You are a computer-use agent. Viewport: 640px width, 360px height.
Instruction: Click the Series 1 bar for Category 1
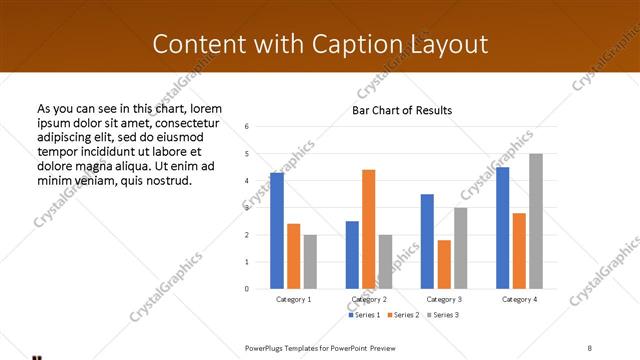[277, 231]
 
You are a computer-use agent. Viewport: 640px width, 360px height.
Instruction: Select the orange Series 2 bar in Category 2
[368, 229]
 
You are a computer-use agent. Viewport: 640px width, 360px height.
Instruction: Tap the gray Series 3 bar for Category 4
[536, 221]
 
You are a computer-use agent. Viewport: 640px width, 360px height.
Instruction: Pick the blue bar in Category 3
[427, 241]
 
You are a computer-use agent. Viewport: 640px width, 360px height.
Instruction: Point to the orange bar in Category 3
[444, 264]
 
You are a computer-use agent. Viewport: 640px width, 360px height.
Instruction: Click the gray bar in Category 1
[310, 261]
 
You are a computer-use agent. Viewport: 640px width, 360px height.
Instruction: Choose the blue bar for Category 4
[502, 228]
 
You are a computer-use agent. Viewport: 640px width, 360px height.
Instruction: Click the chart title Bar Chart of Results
[402, 110]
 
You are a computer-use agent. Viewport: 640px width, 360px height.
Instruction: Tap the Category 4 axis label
[519, 300]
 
